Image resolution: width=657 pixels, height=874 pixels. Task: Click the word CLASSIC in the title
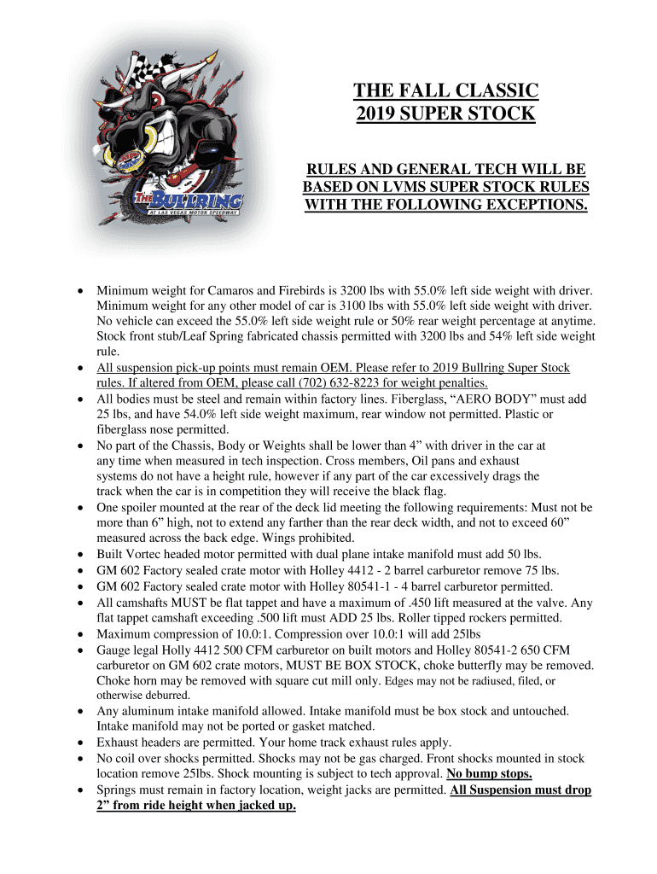tap(492, 90)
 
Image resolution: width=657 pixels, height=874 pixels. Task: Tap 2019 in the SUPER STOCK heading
tap(380, 114)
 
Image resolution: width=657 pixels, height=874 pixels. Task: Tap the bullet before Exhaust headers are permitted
tap(80, 743)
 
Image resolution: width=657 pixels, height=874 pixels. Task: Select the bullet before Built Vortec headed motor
tap(80, 554)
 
